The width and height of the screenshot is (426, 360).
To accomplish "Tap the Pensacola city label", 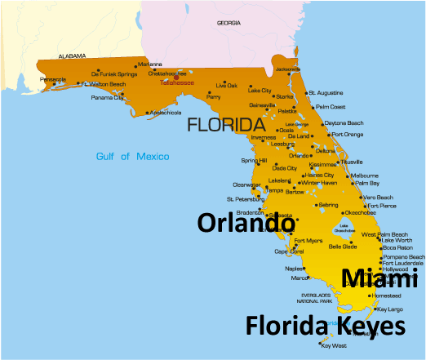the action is [x=53, y=79].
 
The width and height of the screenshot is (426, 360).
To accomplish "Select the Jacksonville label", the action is [x=287, y=69].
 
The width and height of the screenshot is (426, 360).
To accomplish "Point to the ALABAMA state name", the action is [x=71, y=56].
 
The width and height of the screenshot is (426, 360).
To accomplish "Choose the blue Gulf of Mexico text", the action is [x=132, y=156].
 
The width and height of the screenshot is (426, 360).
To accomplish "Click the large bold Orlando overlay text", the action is [x=246, y=222].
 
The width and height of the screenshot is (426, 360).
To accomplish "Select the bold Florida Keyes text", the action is [x=325, y=327].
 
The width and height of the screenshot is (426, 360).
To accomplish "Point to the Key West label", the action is [x=334, y=345].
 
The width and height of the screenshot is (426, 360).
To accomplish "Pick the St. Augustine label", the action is [x=331, y=93].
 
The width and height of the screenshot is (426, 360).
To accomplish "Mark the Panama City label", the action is [x=108, y=98].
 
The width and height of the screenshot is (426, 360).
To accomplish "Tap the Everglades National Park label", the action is [x=317, y=299].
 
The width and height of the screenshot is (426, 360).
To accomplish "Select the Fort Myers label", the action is [x=308, y=241].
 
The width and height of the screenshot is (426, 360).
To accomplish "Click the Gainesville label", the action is [x=262, y=104].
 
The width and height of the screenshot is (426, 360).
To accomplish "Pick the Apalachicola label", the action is [x=164, y=113].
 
